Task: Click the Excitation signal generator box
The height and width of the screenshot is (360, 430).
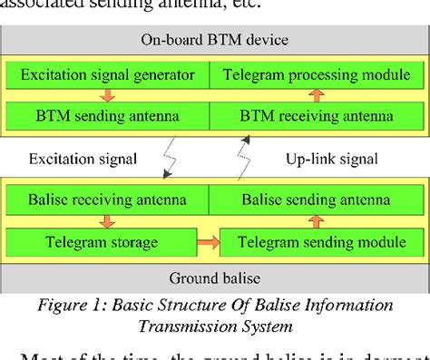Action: click(107, 73)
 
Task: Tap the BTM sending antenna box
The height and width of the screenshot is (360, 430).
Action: click(107, 115)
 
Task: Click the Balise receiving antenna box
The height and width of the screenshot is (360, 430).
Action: click(107, 199)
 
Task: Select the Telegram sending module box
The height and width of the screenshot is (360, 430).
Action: click(317, 241)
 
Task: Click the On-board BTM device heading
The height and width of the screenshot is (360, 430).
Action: click(214, 39)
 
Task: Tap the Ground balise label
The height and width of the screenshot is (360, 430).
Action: click(214, 277)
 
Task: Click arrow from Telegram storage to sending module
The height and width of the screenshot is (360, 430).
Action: click(208, 242)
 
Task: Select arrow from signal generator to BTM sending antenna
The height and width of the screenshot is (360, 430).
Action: click(107, 94)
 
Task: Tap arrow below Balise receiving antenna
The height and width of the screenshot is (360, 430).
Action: click(107, 220)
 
